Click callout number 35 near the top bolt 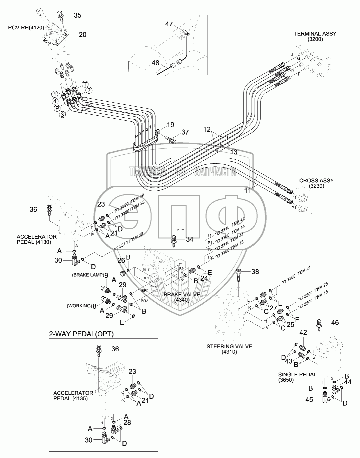68,15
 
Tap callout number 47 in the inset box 169,24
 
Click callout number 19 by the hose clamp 170,125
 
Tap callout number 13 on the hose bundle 234,152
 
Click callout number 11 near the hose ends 248,191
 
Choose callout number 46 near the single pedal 334,322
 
